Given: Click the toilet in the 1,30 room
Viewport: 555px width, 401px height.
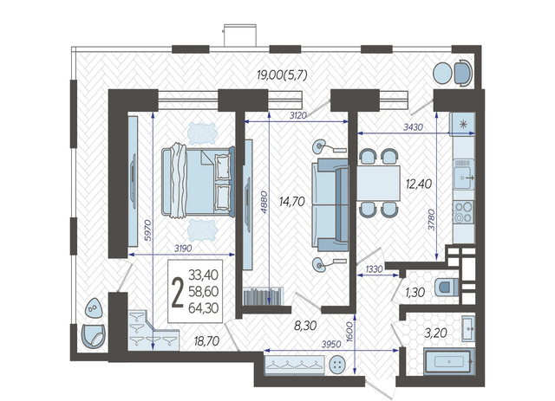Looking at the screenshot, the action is click(447, 286).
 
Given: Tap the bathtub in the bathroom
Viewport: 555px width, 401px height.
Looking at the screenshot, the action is click(449, 361).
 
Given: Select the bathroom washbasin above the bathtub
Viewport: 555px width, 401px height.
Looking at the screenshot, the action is click(468, 328).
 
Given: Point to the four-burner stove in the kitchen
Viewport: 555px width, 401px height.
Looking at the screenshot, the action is click(464, 211).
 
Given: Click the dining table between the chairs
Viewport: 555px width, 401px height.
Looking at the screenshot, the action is click(378, 183).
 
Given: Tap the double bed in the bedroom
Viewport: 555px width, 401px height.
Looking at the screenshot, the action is click(199, 181).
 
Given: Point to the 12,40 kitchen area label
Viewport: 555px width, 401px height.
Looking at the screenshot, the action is click(419, 184).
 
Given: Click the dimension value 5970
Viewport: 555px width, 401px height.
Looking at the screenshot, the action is click(148, 230).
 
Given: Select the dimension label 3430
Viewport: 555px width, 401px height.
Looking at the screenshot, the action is click(413, 127).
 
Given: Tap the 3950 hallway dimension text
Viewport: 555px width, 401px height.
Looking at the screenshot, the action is click(331, 344).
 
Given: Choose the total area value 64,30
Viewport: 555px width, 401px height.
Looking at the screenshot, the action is click(203, 308).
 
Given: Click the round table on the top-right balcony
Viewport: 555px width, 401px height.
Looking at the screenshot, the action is click(442, 73).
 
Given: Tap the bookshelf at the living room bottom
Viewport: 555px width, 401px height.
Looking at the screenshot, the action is click(263, 297).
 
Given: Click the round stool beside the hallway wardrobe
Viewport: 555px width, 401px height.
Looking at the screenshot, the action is click(337, 365).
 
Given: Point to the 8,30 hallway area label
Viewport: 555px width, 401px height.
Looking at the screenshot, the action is click(305, 326).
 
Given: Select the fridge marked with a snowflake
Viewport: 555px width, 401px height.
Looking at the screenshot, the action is click(462, 124).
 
